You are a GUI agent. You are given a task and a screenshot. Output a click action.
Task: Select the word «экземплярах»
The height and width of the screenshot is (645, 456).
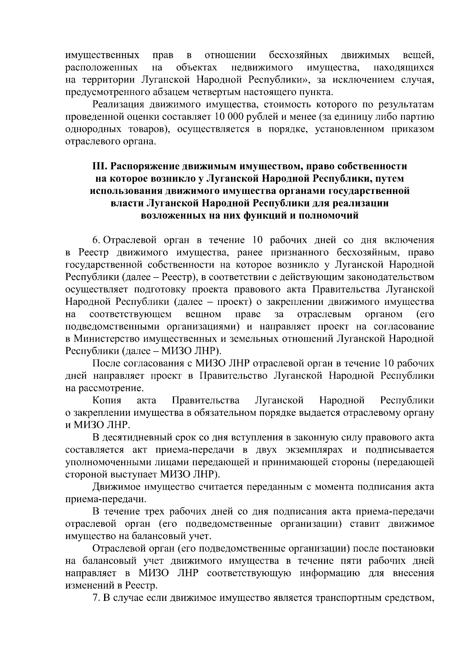(x=315, y=450)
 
